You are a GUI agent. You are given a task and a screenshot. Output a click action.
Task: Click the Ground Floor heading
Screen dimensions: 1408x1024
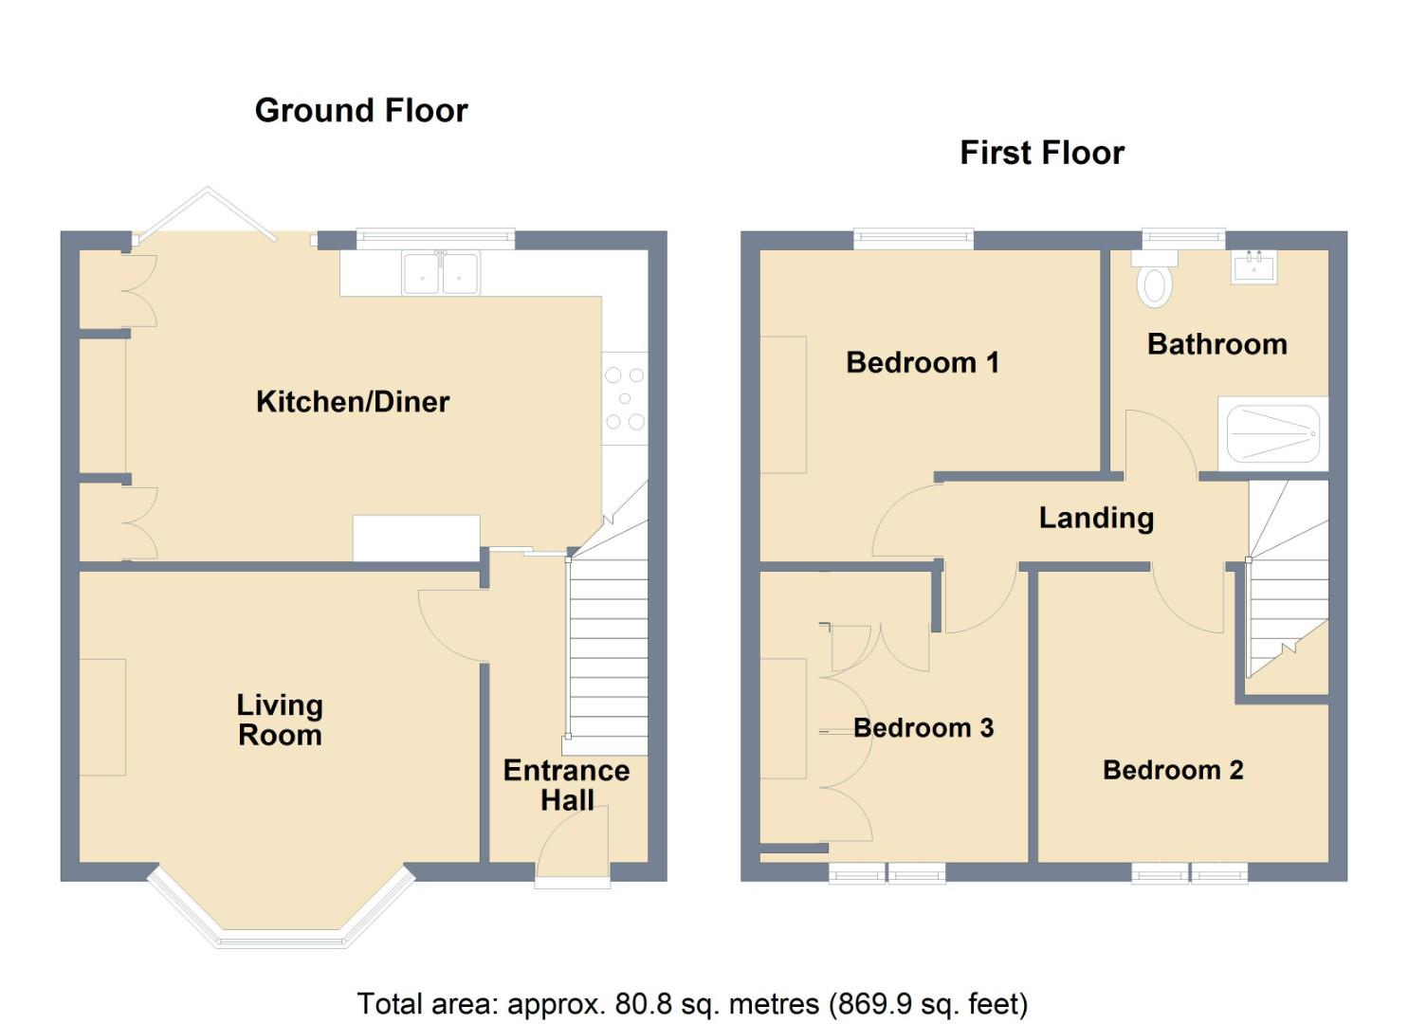pos(361,111)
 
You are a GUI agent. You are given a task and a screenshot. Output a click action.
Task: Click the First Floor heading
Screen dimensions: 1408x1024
pos(1042,154)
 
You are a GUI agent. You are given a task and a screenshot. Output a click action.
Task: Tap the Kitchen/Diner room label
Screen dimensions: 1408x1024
pos(353,402)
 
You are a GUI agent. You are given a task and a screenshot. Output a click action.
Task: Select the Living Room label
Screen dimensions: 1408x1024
pos(280,720)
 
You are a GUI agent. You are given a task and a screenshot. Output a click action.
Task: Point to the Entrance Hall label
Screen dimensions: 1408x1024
pos(566,785)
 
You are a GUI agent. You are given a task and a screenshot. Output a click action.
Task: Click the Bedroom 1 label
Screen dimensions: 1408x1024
pos(923,363)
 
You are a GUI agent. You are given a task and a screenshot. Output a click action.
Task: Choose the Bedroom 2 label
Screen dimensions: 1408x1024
pos(1173,770)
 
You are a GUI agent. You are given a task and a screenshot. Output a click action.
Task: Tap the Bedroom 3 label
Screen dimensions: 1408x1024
pos(923,728)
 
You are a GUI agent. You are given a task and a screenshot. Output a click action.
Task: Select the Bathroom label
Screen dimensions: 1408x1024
pos(1217,344)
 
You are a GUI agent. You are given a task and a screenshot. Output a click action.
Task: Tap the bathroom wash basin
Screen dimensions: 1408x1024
pos(1253,267)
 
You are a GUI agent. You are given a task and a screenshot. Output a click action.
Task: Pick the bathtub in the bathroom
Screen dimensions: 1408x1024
pos(1272,433)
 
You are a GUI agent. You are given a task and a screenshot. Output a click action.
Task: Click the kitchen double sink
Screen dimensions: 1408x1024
pos(441,273)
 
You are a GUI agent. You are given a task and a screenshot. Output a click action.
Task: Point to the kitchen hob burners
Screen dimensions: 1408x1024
pos(624,398)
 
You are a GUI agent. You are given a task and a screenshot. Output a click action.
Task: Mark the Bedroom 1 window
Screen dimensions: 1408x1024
pos(913,238)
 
